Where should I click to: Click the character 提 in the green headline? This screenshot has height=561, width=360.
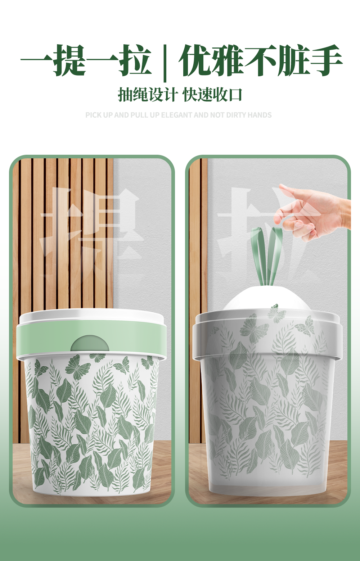pos(69,60)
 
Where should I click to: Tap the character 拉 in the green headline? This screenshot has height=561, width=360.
pos(135,60)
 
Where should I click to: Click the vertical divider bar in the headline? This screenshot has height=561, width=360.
pos(165,63)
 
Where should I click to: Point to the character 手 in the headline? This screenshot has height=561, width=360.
pos(326,60)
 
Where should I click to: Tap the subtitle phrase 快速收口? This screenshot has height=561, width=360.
pos(212,95)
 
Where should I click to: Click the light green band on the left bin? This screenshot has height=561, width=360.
pos(91,338)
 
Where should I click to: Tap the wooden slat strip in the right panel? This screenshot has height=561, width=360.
pos(198,300)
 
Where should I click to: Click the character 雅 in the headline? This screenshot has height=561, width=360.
pos(228,60)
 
